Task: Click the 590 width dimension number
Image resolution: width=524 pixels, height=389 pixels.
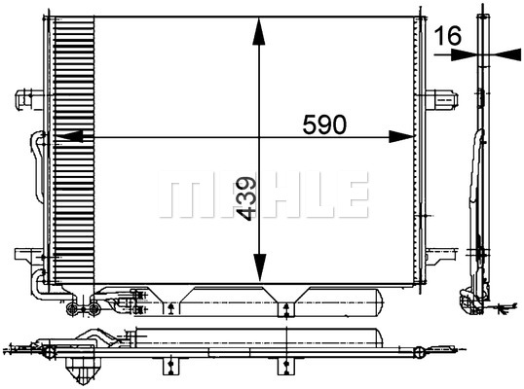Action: pos(324,124)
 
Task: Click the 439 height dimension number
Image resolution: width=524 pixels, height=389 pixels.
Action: pos(246,198)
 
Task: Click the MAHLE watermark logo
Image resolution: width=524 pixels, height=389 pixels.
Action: pos(263,194)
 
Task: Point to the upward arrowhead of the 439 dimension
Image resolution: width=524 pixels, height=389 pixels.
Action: pos(259,32)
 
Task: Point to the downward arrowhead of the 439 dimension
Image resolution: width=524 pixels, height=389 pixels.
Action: pos(260,266)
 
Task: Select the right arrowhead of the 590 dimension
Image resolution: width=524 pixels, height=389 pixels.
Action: pos(401,136)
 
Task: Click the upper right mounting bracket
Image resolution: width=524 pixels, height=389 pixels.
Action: pos(442,99)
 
